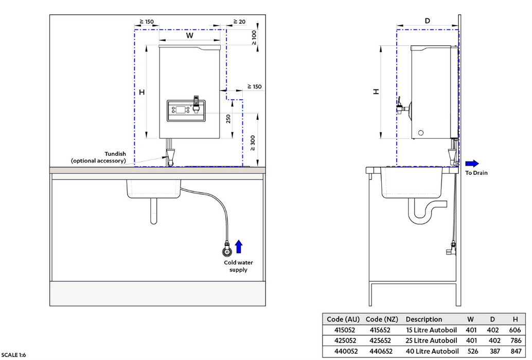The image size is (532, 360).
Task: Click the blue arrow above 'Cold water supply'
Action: click(238, 247)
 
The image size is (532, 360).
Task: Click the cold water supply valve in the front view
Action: click(225, 251)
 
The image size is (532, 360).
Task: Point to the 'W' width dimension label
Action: click(189, 35)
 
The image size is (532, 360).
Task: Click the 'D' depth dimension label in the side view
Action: click(428, 21)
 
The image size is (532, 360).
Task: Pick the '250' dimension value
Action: click(228, 119)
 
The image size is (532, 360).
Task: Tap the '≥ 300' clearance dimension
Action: click(252, 142)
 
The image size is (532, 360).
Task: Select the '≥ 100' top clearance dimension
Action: click(254, 37)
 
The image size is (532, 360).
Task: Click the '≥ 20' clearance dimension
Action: click(239, 22)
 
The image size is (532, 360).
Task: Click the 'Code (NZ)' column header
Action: click(381, 319)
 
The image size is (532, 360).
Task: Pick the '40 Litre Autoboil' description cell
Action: click(431, 351)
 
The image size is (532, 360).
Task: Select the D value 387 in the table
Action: click(493, 351)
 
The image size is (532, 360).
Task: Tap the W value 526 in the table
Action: click(471, 351)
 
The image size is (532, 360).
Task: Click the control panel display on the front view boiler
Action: click(181, 110)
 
